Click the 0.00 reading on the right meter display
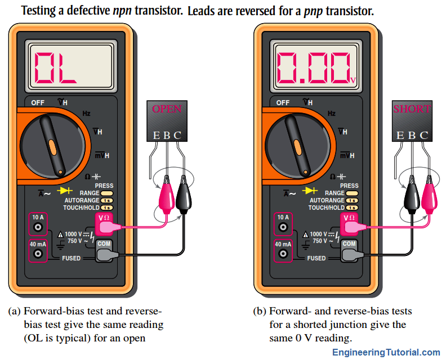point(312,68)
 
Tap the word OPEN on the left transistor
point(167,109)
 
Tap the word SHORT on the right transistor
point(412,109)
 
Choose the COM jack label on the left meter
point(104,244)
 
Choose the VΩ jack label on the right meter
point(349,218)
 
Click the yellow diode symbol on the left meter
point(57,190)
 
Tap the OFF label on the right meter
point(283,103)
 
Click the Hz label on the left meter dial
point(86,113)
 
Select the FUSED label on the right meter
point(316,258)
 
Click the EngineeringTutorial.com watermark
point(386,352)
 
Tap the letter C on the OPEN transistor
point(178,135)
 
